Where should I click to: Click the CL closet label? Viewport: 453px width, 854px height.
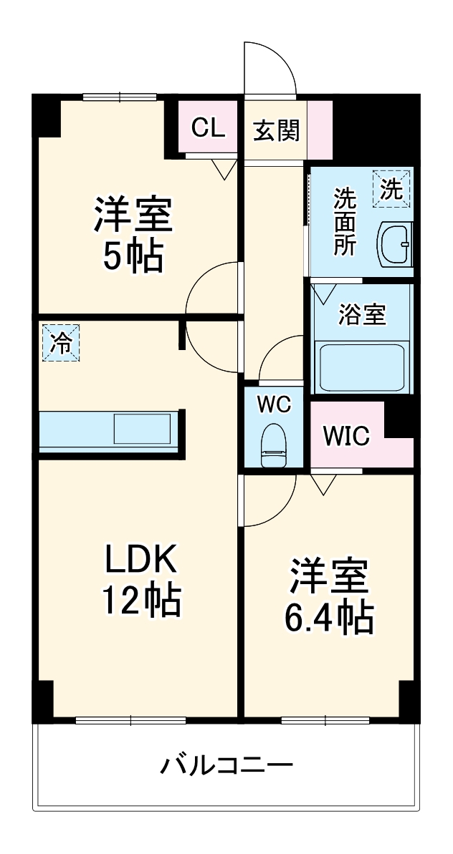tap(207, 129)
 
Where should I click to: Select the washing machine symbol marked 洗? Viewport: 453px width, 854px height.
tap(391, 189)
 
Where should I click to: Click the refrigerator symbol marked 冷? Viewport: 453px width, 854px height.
tap(61, 343)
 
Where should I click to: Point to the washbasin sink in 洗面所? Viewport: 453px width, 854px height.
tap(395, 244)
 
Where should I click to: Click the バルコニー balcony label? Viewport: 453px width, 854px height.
tap(226, 767)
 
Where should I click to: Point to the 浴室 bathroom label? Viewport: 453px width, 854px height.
tap(363, 316)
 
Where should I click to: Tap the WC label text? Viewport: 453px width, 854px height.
tap(274, 404)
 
